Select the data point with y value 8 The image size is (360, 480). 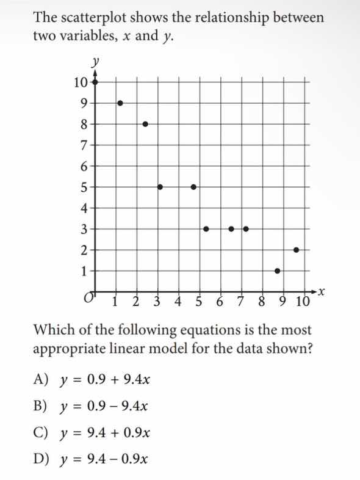tap(145, 124)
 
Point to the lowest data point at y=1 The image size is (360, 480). tap(278, 271)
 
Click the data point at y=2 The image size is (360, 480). tap(297, 250)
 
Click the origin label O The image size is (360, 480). tap(89, 298)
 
